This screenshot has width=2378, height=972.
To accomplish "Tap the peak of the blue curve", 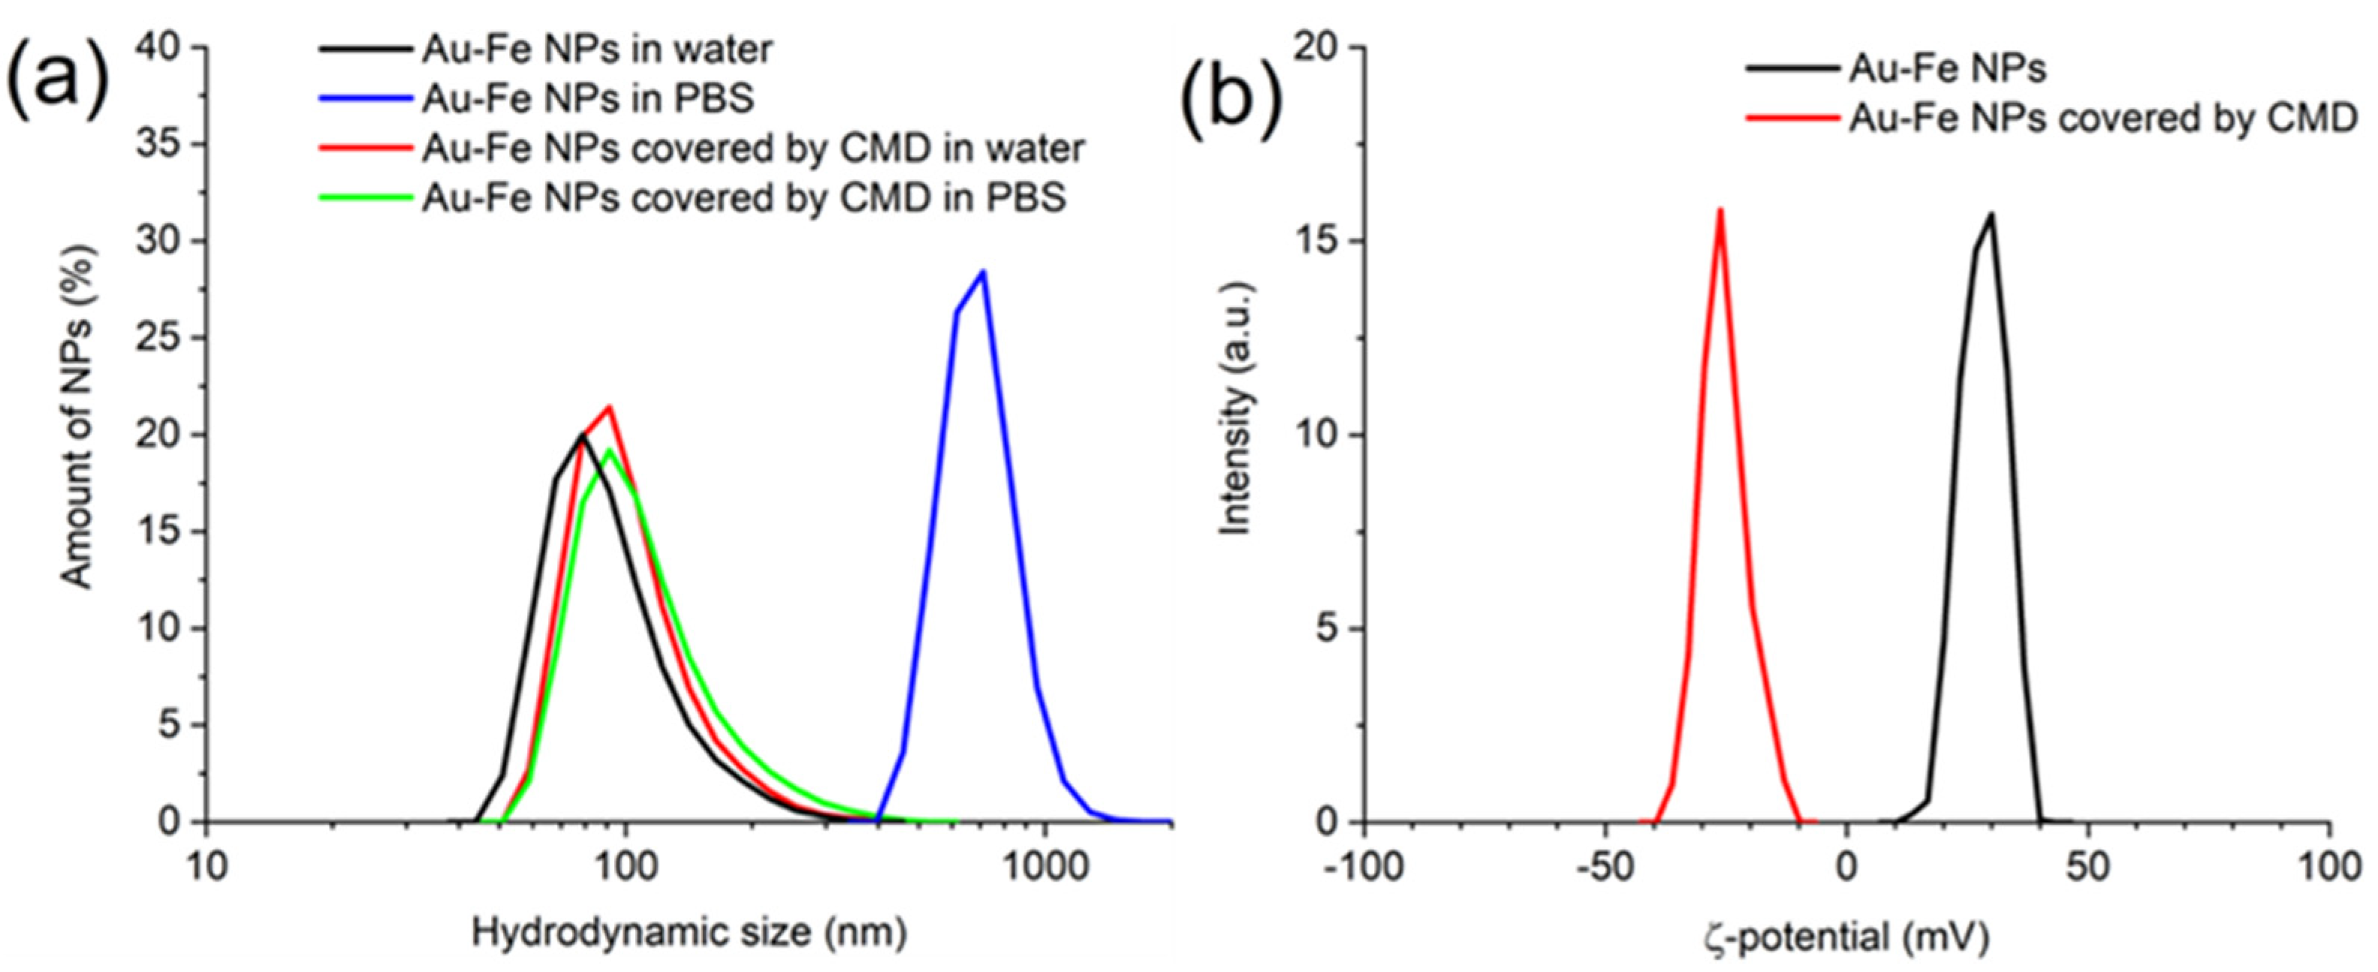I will coord(983,272).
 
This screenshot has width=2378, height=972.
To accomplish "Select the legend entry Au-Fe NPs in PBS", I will coord(588,98).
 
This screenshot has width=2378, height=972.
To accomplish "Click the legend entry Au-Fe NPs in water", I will coord(597,49).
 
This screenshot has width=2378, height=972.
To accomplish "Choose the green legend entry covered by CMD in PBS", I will coord(744,197).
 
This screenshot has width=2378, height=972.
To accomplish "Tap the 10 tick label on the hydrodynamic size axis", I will coord(206,868).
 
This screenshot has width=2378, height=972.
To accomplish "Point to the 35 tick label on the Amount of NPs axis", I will coord(158,145).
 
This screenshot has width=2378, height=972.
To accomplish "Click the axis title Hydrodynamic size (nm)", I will coord(689,933).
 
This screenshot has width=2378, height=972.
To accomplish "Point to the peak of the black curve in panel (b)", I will coord(1991,214).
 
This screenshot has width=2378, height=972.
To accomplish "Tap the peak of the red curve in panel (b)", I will coord(1719,209).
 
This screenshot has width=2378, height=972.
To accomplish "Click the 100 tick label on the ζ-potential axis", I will coord(2330,868).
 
